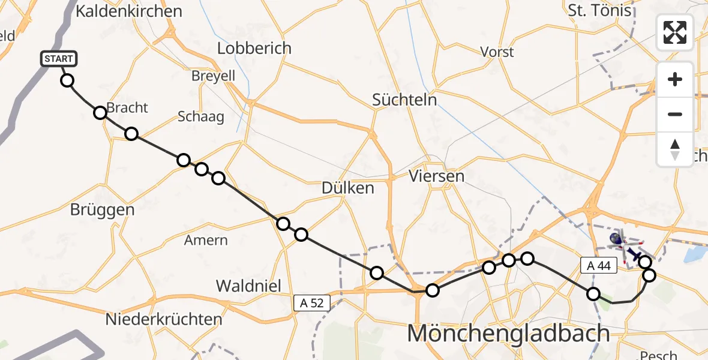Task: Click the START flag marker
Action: pyautogui.click(x=59, y=59)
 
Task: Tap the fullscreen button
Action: pyautogui.click(x=675, y=32)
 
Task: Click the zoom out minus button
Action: pyautogui.click(x=675, y=114)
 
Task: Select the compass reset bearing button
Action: pyautogui.click(x=675, y=149)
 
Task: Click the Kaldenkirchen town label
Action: pyautogui.click(x=129, y=11)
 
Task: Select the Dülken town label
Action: pyautogui.click(x=347, y=188)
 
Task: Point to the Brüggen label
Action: pyautogui.click(x=102, y=210)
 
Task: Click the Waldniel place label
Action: pyautogui.click(x=248, y=286)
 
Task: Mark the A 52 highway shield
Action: pyautogui.click(x=311, y=303)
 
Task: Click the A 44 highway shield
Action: pyautogui.click(x=599, y=266)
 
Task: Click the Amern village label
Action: pyautogui.click(x=206, y=241)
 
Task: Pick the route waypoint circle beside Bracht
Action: pyautogui.click(x=100, y=112)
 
